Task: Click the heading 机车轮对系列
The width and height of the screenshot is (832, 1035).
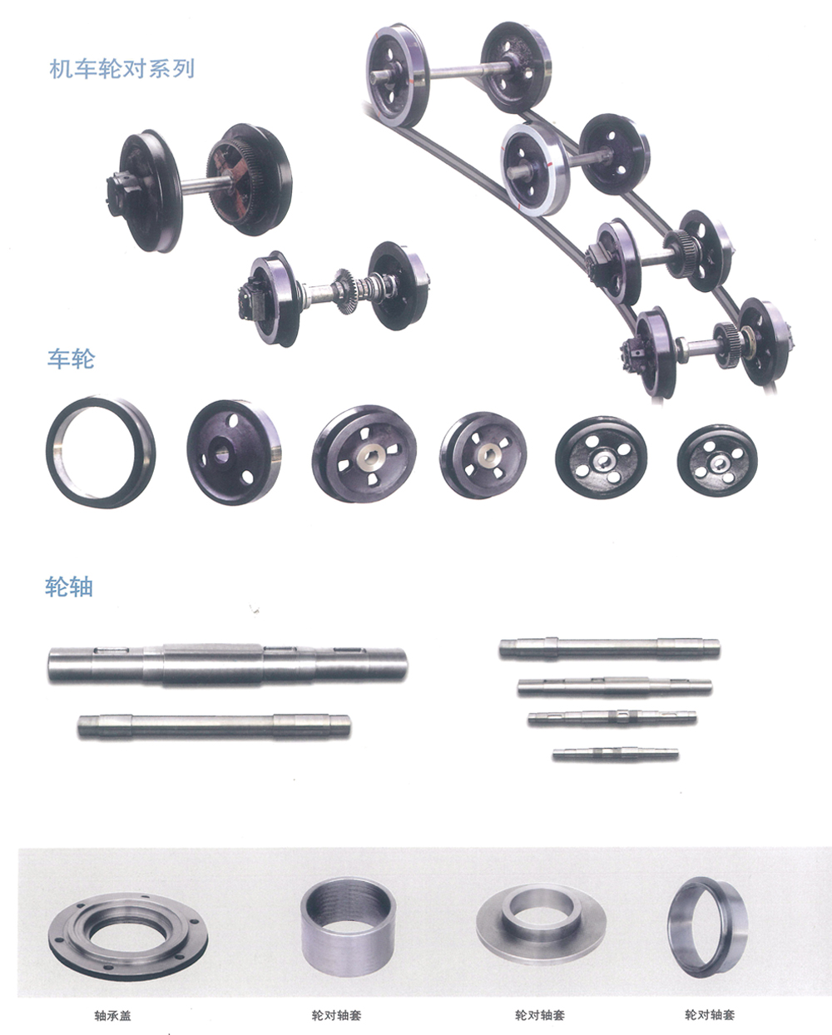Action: pos(122,69)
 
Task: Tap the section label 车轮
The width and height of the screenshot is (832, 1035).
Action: pos(72,359)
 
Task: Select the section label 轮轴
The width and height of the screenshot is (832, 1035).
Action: pos(69,587)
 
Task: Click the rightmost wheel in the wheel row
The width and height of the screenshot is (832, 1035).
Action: pos(717,460)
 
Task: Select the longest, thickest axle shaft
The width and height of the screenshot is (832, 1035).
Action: pos(227,664)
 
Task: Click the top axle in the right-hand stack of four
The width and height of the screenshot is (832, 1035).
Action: pos(609,648)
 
